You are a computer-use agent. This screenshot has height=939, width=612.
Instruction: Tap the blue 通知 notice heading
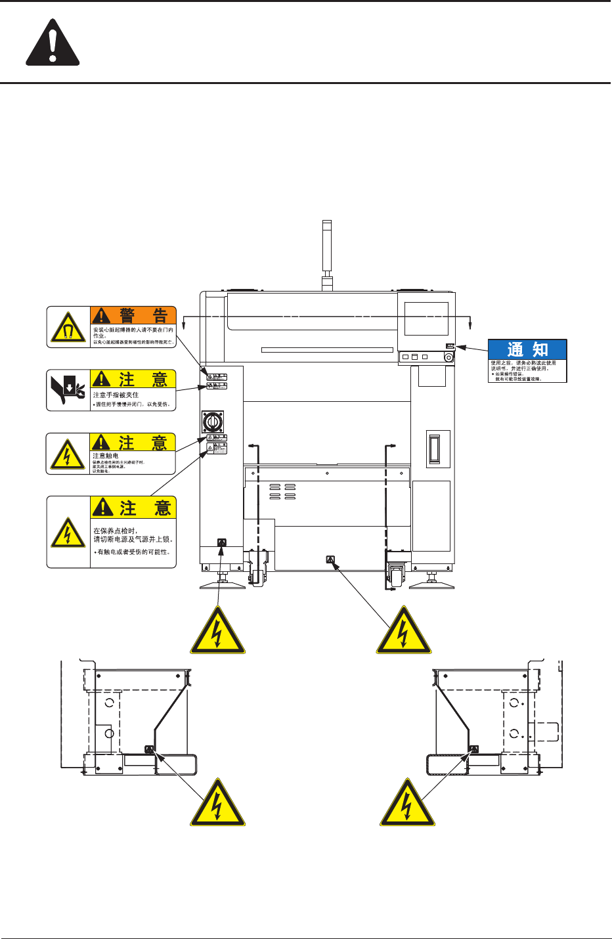pos(527,349)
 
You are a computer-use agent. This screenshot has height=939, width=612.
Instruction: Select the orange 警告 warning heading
pos(133,316)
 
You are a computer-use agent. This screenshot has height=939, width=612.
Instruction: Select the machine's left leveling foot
pos(223,582)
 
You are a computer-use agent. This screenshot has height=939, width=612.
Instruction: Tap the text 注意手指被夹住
pos(116,395)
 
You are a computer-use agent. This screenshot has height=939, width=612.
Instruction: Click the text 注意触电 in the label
pos(106,456)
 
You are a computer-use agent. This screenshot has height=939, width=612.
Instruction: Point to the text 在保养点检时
pos(116,531)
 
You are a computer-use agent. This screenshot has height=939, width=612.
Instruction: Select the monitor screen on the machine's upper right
pos(426,319)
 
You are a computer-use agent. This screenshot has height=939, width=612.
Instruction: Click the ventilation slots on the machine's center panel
pos(282,492)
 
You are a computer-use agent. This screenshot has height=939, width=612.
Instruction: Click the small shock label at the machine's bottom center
pos(330,560)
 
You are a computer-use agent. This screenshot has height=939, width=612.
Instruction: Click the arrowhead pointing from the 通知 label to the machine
pos(459,346)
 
